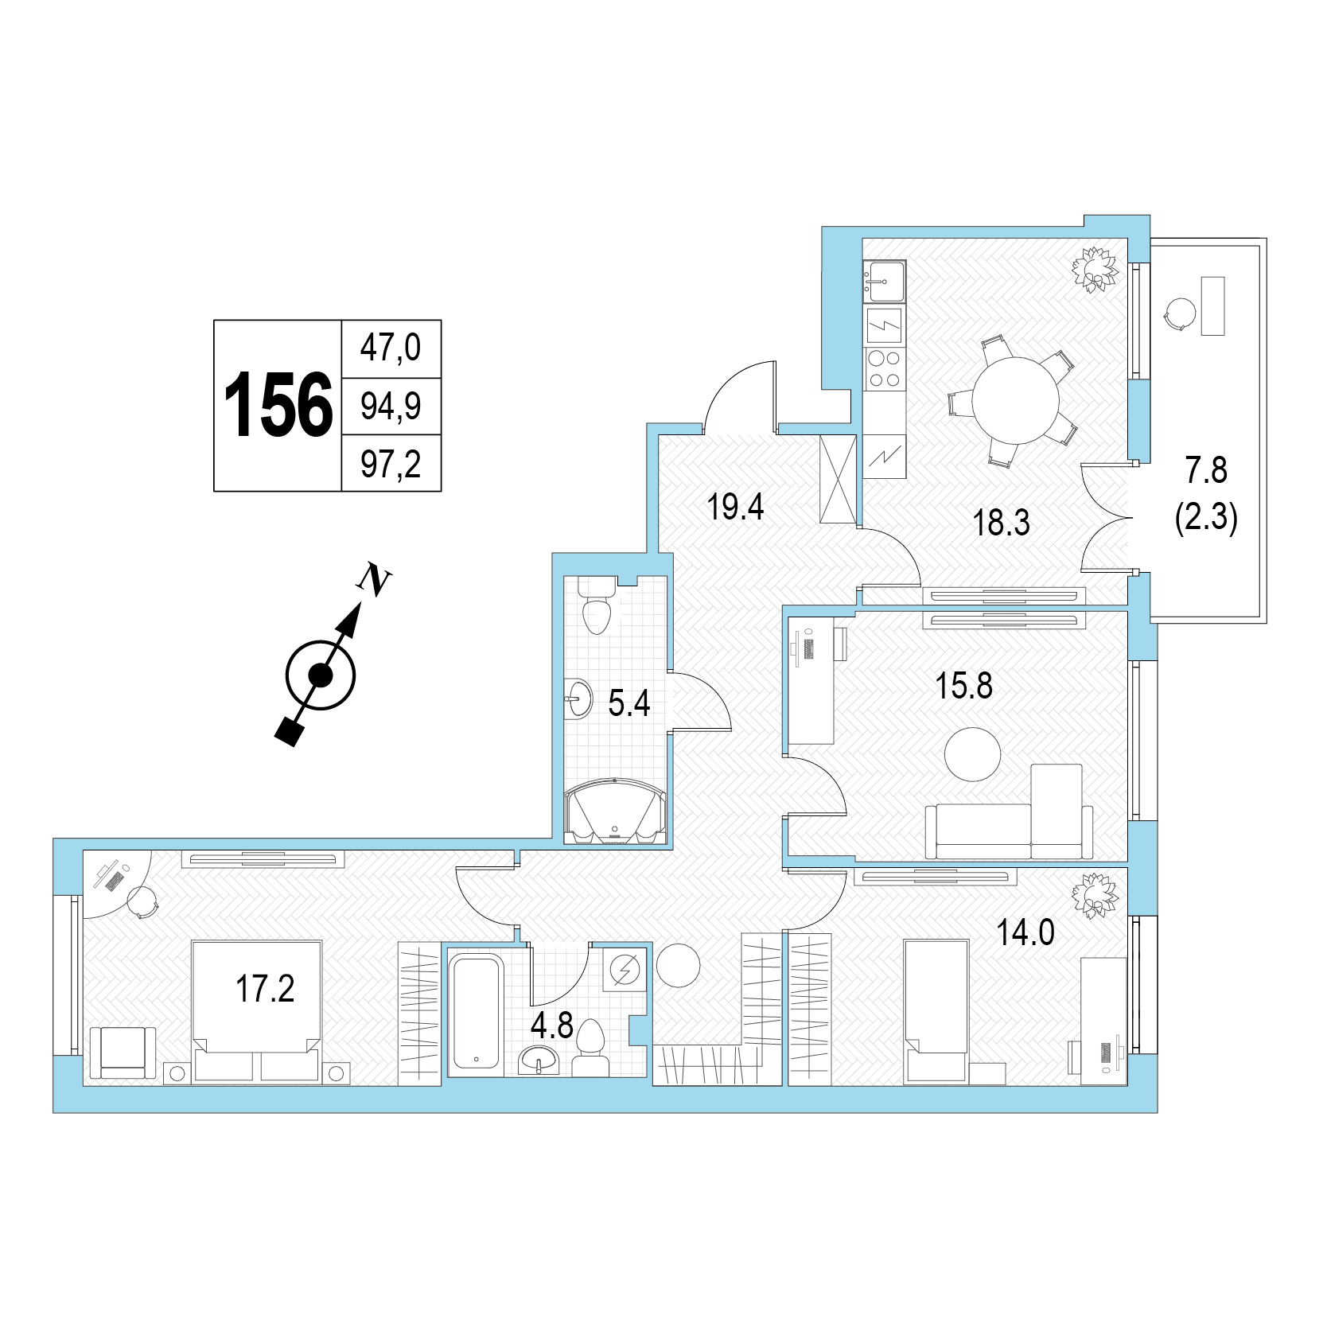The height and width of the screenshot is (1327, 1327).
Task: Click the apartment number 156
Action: (x=278, y=406)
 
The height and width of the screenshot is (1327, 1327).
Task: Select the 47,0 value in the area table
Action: (x=391, y=348)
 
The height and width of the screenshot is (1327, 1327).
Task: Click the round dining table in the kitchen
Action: (x=1016, y=399)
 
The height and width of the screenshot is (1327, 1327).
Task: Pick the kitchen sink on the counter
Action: (x=884, y=282)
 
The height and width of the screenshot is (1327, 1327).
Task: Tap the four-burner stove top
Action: (x=885, y=368)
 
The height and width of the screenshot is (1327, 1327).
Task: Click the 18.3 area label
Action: (x=1002, y=523)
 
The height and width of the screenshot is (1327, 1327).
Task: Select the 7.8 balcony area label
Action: (x=1206, y=471)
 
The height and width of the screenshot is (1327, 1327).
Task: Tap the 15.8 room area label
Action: (x=963, y=686)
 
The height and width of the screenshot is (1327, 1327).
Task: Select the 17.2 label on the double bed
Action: (x=265, y=989)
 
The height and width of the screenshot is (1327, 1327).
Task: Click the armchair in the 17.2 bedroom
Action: (x=123, y=1053)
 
